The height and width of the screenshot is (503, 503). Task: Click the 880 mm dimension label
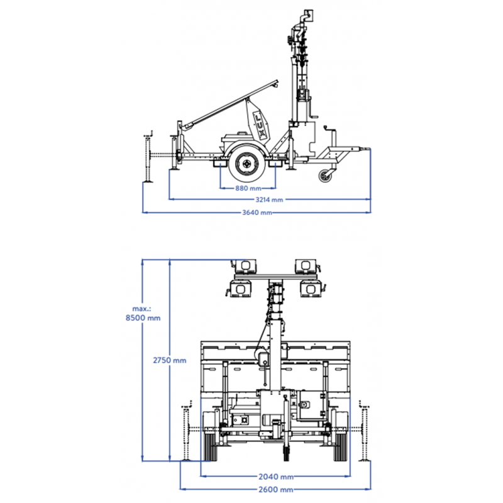[248, 188]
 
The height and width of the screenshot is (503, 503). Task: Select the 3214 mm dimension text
[269, 200]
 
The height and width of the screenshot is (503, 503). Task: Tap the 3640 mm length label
[257, 213]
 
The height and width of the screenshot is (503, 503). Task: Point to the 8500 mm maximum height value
[143, 318]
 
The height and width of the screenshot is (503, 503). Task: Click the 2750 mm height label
[169, 360]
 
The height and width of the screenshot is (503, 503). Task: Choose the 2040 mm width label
[276, 477]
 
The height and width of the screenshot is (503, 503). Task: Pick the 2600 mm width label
[275, 490]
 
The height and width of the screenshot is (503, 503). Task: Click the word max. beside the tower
[141, 309]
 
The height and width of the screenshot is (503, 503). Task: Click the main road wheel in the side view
[246, 164]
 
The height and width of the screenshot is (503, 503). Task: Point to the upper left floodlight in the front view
[245, 266]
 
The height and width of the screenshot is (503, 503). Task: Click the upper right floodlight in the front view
[306, 266]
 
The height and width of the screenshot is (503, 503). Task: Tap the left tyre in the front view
[211, 447]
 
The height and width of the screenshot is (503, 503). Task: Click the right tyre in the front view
[340, 447]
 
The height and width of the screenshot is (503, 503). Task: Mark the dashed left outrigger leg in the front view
[186, 431]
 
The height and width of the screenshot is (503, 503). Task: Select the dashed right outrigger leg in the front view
[365, 431]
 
